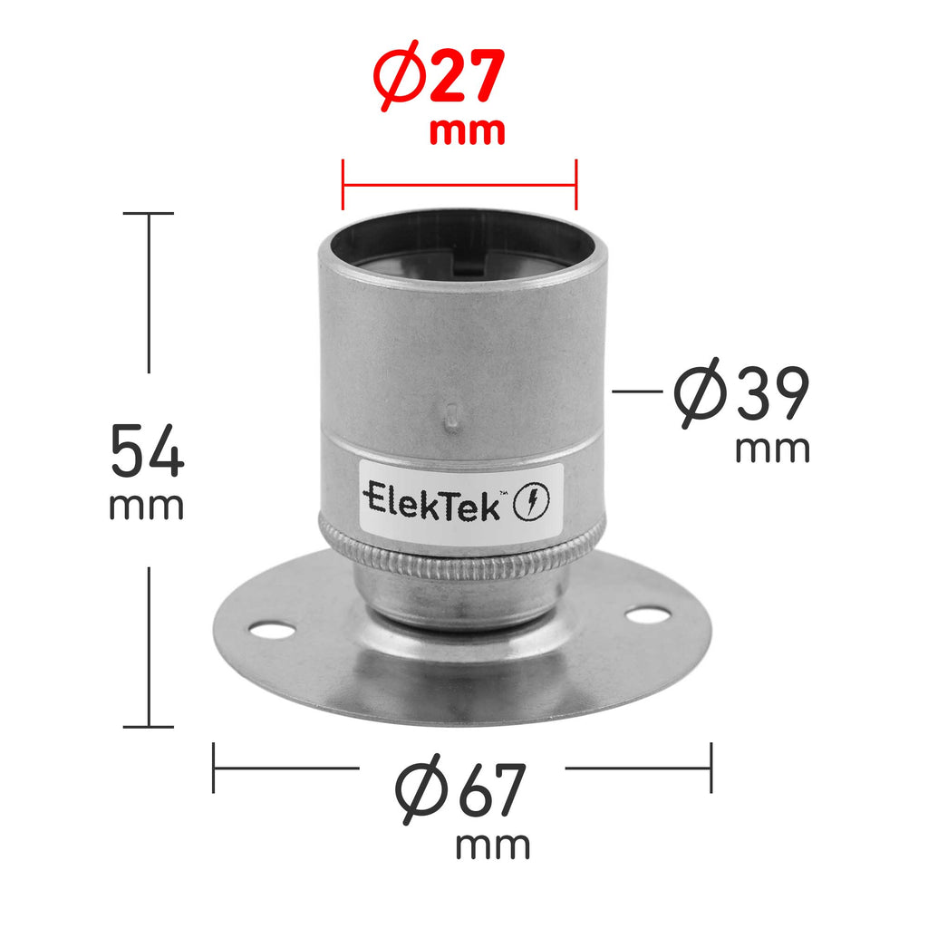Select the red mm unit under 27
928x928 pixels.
tap(466, 132)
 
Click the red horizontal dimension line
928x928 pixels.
tap(459, 185)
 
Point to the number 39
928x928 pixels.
tap(771, 395)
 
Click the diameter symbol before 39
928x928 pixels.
tap(701, 395)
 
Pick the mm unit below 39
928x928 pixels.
tap(772, 449)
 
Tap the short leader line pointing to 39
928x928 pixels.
tap(637, 391)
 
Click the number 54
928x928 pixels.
tap(147, 451)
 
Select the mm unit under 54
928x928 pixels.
tap(147, 506)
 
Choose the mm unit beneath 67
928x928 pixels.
tap(492, 846)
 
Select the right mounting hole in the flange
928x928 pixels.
tap(644, 616)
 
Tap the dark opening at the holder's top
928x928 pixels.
tap(462, 243)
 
